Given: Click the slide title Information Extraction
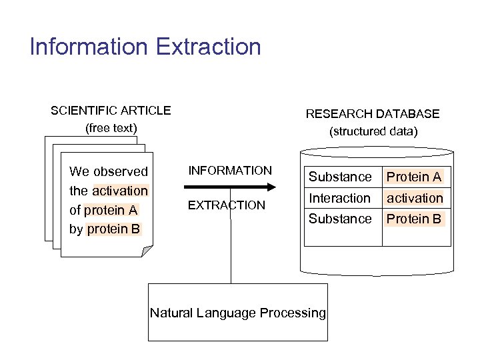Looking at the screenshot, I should pos(145,47).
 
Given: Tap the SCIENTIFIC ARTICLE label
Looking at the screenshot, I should pos(111,111).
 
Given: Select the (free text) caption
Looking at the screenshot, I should pos(111,128).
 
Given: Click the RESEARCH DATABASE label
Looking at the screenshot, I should pos(373,114).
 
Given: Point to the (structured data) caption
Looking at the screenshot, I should pos(373,131).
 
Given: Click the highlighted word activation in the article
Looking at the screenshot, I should pos(120,191).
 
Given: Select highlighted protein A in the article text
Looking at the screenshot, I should pos(111,210).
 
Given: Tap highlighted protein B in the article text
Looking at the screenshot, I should pos(114,229).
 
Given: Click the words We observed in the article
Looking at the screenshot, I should pos(109,171).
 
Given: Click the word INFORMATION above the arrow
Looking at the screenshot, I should pos(230,171).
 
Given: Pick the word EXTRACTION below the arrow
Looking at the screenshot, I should pos(226,205).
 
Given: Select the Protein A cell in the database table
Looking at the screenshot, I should pos(414,177).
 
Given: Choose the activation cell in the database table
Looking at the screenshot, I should pos(415,198).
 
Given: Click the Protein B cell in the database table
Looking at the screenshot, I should pos(414,219).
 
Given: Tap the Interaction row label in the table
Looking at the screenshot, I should pos(339,198).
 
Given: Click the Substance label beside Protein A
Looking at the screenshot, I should pos(339,177).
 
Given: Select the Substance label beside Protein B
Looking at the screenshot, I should pos(339,219).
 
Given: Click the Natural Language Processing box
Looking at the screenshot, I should pos(238,313).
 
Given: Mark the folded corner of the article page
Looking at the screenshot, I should pos(147,251).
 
